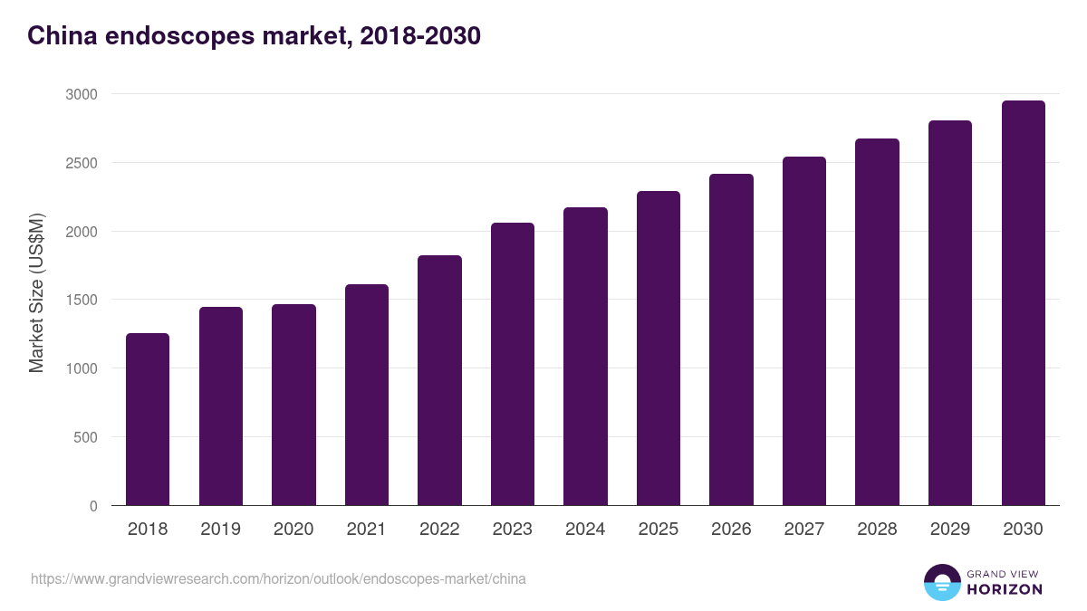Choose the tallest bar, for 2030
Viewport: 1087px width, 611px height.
click(1023, 303)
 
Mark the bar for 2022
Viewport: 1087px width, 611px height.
click(439, 380)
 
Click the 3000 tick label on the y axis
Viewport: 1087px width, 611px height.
click(81, 94)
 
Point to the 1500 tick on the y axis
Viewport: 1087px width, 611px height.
click(81, 300)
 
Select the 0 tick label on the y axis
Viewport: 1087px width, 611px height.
click(93, 506)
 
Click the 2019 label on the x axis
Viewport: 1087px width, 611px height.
click(220, 530)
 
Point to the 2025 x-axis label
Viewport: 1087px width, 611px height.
click(658, 530)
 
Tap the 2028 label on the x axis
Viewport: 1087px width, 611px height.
click(877, 530)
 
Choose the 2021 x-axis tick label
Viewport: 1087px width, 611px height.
click(366, 530)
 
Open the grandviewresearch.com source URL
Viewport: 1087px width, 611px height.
click(278, 578)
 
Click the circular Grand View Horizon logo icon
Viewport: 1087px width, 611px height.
click(942, 582)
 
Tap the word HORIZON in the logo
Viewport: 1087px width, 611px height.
click(1005, 589)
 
